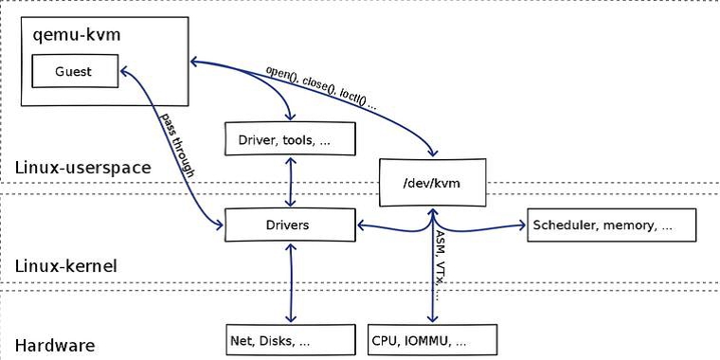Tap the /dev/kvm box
(x=431, y=182)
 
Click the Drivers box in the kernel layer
(x=288, y=225)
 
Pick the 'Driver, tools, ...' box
(x=288, y=139)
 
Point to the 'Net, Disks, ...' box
(x=288, y=339)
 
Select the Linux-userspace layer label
(x=83, y=168)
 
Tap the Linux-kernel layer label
(x=66, y=267)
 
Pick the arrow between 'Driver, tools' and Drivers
(x=288, y=183)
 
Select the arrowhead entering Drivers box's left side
(x=218, y=225)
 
